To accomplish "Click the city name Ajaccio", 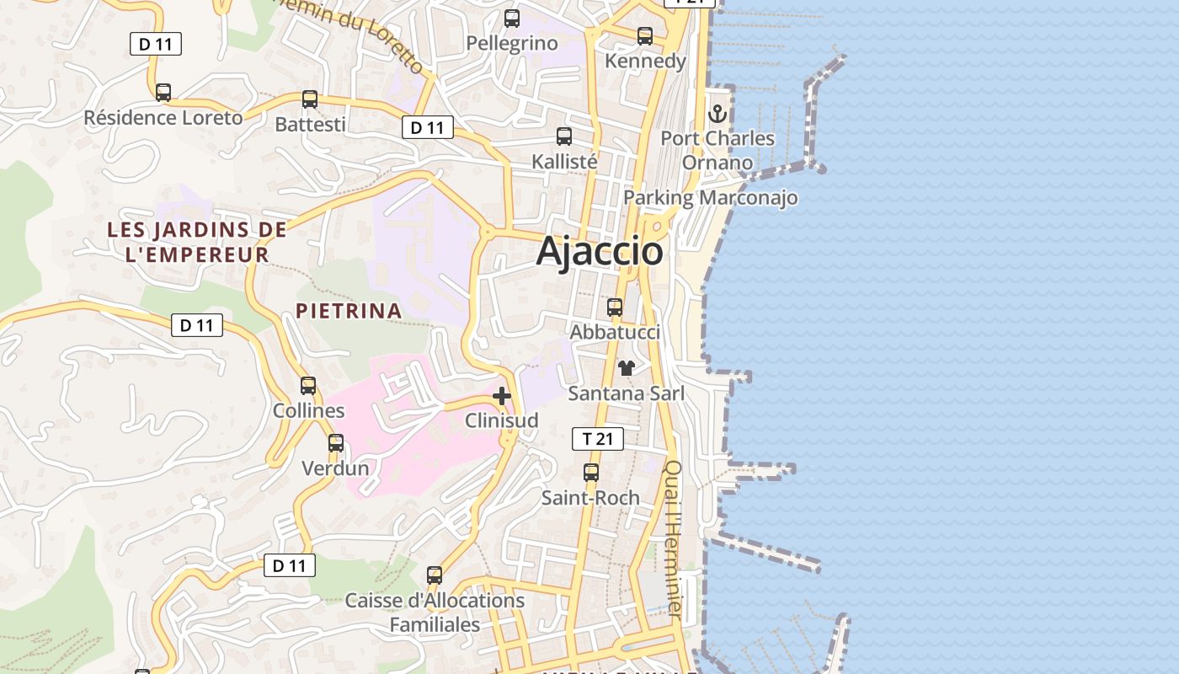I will point(600,251).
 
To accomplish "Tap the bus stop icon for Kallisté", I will point(564,136).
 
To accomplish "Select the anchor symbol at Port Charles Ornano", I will point(718,113).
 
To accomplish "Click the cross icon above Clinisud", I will point(502,396).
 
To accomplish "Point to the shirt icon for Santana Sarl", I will point(626,368).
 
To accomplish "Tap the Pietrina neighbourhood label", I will point(349,311).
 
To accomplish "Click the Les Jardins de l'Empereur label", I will point(197,242).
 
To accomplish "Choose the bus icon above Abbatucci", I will point(615,308).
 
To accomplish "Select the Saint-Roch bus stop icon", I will point(591,473).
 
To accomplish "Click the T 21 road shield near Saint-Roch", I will point(598,439).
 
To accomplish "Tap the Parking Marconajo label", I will point(710,198).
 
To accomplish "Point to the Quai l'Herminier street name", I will point(673,539).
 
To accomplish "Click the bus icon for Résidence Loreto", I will point(163,93).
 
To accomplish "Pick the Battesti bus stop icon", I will point(310,99).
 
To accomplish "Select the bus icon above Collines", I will point(308,386).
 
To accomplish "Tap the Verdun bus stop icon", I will point(336,443).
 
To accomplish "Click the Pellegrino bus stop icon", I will point(512,19).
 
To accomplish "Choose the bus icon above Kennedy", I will point(645,36).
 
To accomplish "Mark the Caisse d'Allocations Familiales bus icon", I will point(435,575).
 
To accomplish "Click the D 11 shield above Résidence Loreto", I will point(156,44).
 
